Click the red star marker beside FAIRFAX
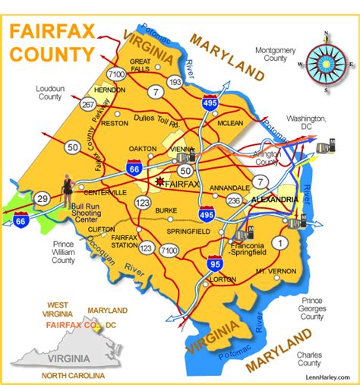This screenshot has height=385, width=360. pos(159,181)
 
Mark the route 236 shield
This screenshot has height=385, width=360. pos(235,199)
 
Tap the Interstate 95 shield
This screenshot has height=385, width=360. pos(214,265)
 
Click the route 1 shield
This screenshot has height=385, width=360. pos(282,243)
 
